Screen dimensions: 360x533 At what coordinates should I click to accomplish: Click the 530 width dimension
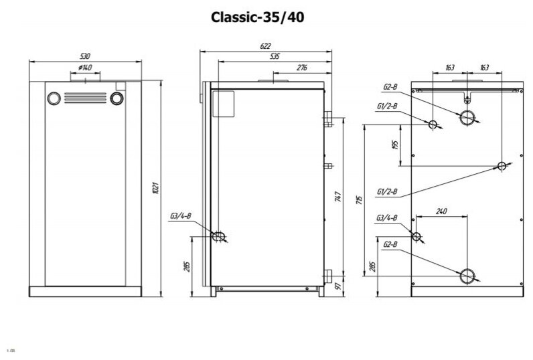pos(84,56)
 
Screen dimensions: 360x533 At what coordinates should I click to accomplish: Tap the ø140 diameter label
pos(85,68)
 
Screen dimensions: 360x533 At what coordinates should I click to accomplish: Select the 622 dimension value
pos(266,46)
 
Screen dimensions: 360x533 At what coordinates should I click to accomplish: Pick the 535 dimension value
pos(275,57)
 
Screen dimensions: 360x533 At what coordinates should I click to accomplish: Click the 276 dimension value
pos(301,68)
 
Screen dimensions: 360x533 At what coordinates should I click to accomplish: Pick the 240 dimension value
pos(441,211)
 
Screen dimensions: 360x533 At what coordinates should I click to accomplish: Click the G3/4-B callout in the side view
pos(181,215)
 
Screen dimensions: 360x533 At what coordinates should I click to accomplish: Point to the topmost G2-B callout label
pos(391,86)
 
